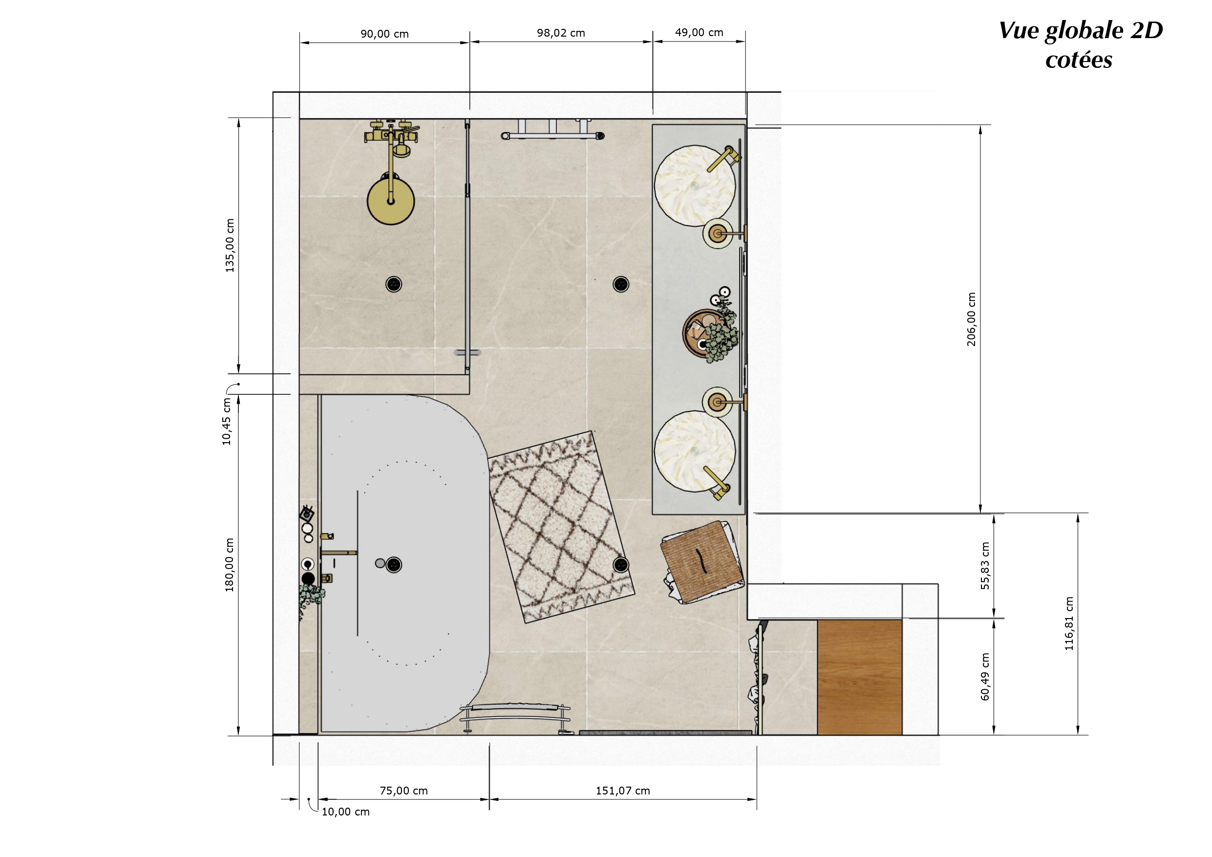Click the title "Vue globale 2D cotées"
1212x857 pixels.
[x=1081, y=45]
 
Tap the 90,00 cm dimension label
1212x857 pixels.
[x=384, y=34]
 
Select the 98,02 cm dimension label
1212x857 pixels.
[x=561, y=33]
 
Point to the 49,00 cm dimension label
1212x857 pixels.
[x=699, y=32]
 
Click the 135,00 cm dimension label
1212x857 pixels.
[x=230, y=246]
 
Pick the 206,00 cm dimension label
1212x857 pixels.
[x=971, y=320]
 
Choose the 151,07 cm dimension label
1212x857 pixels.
[x=623, y=791]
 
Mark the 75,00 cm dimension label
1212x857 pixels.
[x=404, y=791]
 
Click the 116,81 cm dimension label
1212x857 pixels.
[x=1069, y=623]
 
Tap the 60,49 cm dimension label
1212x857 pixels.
[x=985, y=677]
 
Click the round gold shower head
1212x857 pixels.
[x=391, y=201]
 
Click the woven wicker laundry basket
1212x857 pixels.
[x=702, y=562]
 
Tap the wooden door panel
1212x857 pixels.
[x=859, y=677]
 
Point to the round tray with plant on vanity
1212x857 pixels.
[x=709, y=334]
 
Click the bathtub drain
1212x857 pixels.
[x=394, y=564]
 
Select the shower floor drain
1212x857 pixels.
[x=394, y=284]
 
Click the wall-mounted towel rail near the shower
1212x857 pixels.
[x=553, y=131]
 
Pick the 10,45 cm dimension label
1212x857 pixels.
[x=227, y=421]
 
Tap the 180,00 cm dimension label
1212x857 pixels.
[x=229, y=565]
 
